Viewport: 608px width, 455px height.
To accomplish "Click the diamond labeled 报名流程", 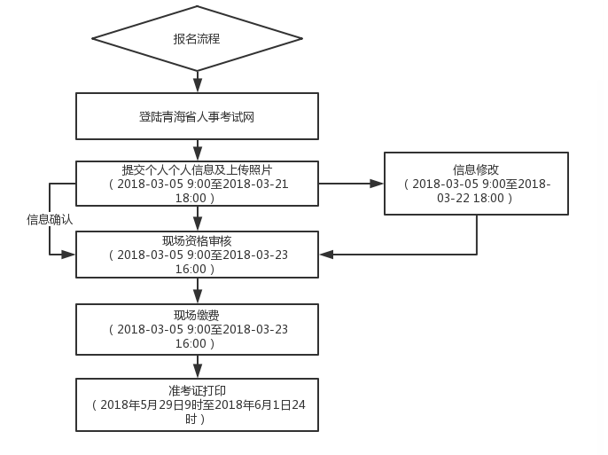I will pyautogui.click(x=197, y=39).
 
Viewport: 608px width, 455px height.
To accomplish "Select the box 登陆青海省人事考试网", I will pyautogui.click(x=197, y=116).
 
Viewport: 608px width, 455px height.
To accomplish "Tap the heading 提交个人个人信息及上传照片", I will pyautogui.click(x=197, y=169).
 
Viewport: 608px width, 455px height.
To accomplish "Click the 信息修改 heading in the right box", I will pyautogui.click(x=476, y=169).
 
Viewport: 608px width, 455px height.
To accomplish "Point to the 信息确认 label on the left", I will pyautogui.click(x=50, y=219).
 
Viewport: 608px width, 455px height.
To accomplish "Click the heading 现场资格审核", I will pyautogui.click(x=197, y=240).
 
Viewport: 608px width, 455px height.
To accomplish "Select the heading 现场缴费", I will pyautogui.click(x=197, y=315).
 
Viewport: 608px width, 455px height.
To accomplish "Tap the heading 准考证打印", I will pyautogui.click(x=197, y=390).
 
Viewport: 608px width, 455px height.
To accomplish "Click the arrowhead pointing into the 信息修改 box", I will pyautogui.click(x=377, y=184).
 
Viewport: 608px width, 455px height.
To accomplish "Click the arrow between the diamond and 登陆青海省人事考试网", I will pyautogui.click(x=198, y=82).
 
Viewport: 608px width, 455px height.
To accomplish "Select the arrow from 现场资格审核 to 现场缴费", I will pyautogui.click(x=198, y=292).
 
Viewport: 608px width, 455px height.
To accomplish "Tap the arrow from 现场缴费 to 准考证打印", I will pyautogui.click(x=198, y=366).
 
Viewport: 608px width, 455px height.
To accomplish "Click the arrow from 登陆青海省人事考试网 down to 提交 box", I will pyautogui.click(x=198, y=150).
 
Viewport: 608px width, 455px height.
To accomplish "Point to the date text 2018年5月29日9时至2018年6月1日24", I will pyautogui.click(x=197, y=404).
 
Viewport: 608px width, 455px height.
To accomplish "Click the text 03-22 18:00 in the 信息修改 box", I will pyautogui.click(x=476, y=199).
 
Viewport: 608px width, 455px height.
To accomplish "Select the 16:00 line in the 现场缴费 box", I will pyautogui.click(x=197, y=343).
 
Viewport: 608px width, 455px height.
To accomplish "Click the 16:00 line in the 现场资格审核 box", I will pyautogui.click(x=197, y=269).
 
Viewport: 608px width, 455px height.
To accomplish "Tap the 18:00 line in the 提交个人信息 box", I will pyautogui.click(x=197, y=198).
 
